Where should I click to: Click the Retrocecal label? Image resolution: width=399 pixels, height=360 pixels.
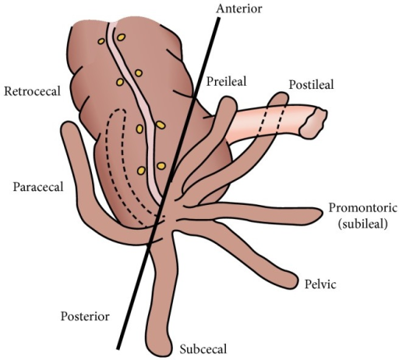(x=32, y=91)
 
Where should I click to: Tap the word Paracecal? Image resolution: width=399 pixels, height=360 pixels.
(x=38, y=187)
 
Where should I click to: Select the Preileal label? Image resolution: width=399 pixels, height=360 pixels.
(x=226, y=81)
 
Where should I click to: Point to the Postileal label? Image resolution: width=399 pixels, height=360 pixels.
(x=311, y=85)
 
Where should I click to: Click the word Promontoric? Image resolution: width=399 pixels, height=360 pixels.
(x=363, y=208)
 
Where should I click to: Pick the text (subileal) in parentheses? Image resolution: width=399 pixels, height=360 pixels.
(x=362, y=224)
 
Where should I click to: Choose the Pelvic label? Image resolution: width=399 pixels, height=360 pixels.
(x=320, y=284)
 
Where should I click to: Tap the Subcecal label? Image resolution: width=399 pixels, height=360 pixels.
(x=203, y=349)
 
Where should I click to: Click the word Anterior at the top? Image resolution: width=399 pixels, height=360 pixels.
(x=239, y=9)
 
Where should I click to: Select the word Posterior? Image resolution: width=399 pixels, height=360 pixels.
(x=85, y=316)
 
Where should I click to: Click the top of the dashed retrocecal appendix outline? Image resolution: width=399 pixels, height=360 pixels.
(x=118, y=110)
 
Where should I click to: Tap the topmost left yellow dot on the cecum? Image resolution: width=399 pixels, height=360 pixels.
(x=101, y=41)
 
